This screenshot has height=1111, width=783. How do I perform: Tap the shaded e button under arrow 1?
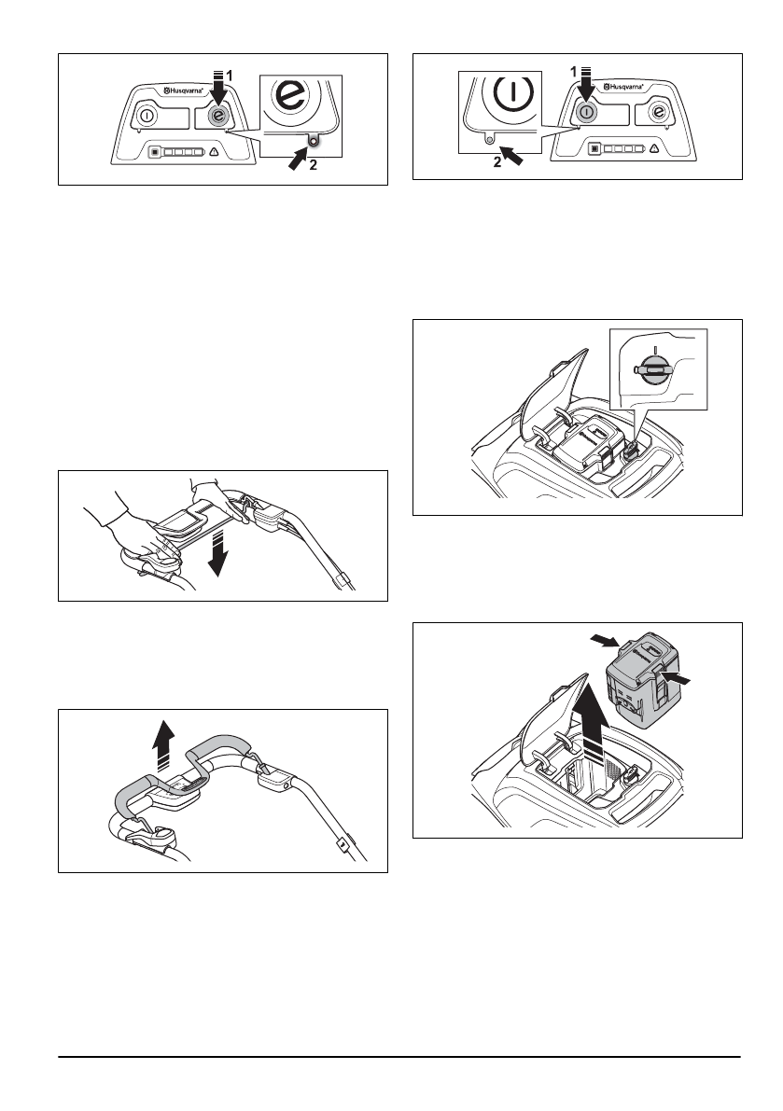click(x=217, y=116)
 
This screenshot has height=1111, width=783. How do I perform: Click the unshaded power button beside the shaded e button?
click(x=147, y=116)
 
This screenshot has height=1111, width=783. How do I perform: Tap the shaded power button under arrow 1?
click(x=585, y=112)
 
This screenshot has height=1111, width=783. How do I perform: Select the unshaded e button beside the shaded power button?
click(x=657, y=113)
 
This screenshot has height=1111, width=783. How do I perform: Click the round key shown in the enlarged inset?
click(x=651, y=370)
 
